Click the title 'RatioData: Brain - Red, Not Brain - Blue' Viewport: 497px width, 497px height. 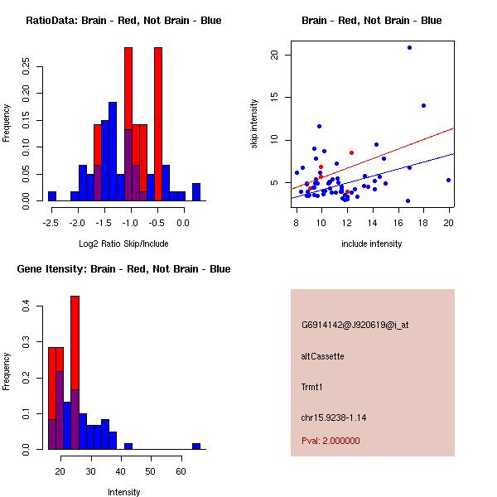(x=123, y=21)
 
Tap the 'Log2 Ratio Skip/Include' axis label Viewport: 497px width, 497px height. (x=123, y=244)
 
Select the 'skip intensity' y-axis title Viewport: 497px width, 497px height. (x=254, y=124)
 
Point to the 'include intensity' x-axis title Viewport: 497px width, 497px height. (x=372, y=244)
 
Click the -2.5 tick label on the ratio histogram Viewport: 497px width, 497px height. (x=51, y=223)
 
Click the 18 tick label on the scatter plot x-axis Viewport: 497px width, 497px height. (x=423, y=223)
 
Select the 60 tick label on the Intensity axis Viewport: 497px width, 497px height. (x=181, y=471)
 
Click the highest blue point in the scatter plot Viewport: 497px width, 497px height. (x=409, y=48)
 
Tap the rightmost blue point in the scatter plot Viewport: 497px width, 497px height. (x=448, y=180)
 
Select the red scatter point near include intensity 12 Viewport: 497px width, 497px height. (x=351, y=152)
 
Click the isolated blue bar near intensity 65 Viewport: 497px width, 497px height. (x=196, y=446)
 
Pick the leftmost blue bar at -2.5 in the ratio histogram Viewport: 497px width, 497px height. (x=52, y=196)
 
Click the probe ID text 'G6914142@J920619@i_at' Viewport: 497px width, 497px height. (x=355, y=325)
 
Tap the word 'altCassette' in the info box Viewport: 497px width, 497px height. (x=323, y=356)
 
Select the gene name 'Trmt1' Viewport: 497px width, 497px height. (x=313, y=387)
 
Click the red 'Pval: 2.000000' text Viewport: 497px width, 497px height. (x=331, y=441)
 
